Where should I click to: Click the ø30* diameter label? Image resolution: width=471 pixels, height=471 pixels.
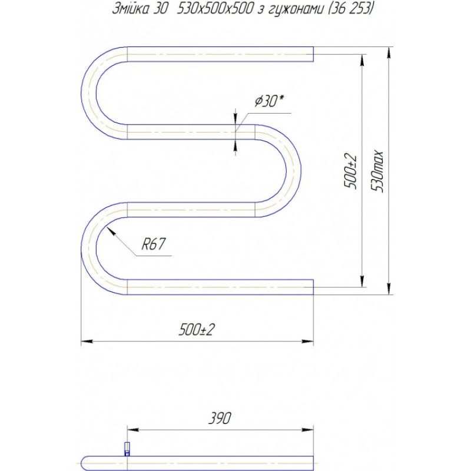click(268, 101)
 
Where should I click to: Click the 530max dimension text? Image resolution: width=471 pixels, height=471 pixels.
click(379, 171)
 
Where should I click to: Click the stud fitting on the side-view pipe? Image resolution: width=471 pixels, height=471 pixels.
click(126, 449)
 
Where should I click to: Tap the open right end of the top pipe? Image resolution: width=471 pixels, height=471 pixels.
click(312, 54)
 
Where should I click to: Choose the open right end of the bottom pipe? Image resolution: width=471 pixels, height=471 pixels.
click(312, 287)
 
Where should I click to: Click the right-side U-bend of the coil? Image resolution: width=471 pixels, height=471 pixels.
click(292, 171)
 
